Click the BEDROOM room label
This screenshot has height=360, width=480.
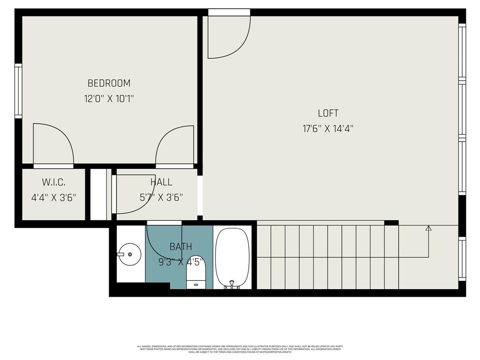[x=109, y=83]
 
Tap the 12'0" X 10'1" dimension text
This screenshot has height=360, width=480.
[x=109, y=99]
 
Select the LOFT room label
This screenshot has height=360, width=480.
[x=328, y=113]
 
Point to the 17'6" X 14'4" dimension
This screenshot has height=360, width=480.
[x=328, y=128]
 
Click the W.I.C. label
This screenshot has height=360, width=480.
[x=53, y=182]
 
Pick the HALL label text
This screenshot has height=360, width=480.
[x=161, y=182]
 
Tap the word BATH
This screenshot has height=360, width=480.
[x=180, y=247]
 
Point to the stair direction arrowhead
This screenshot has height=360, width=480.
[x=428, y=228]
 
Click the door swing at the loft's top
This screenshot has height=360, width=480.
[x=228, y=35]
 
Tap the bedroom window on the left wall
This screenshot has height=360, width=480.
[x=18, y=90]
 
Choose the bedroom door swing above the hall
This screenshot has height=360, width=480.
[x=175, y=145]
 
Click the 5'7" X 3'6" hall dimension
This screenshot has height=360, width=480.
[x=161, y=197]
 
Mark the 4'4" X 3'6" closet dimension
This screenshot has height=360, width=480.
[x=53, y=197]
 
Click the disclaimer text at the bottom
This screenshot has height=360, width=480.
[x=240, y=349]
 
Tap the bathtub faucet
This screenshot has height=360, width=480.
[x=231, y=284]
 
